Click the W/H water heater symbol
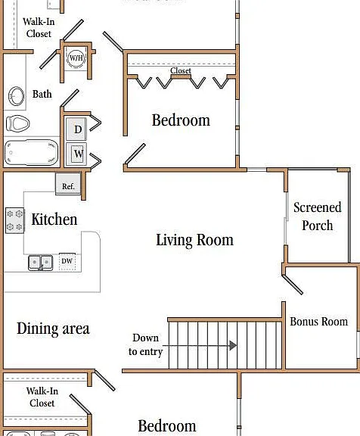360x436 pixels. [76, 58]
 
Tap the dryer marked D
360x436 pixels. [76, 129]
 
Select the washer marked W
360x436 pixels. [76, 154]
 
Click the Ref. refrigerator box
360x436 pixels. [68, 184]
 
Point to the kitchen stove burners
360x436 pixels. [14, 220]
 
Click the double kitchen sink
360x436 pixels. [41, 263]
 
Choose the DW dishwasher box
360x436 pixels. [67, 261]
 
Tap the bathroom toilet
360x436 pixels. [18, 123]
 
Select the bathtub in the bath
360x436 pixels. [31, 152]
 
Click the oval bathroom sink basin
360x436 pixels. [16, 96]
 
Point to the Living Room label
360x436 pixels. [194, 240]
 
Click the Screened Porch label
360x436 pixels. [318, 216]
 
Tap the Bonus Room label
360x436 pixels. [319, 322]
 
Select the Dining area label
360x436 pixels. [53, 329]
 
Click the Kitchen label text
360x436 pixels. [54, 220]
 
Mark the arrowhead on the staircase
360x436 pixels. [233, 346]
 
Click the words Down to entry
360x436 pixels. [145, 345]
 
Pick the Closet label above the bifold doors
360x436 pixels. [181, 70]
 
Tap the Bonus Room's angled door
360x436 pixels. [293, 285]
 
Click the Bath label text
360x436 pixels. [42, 94]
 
